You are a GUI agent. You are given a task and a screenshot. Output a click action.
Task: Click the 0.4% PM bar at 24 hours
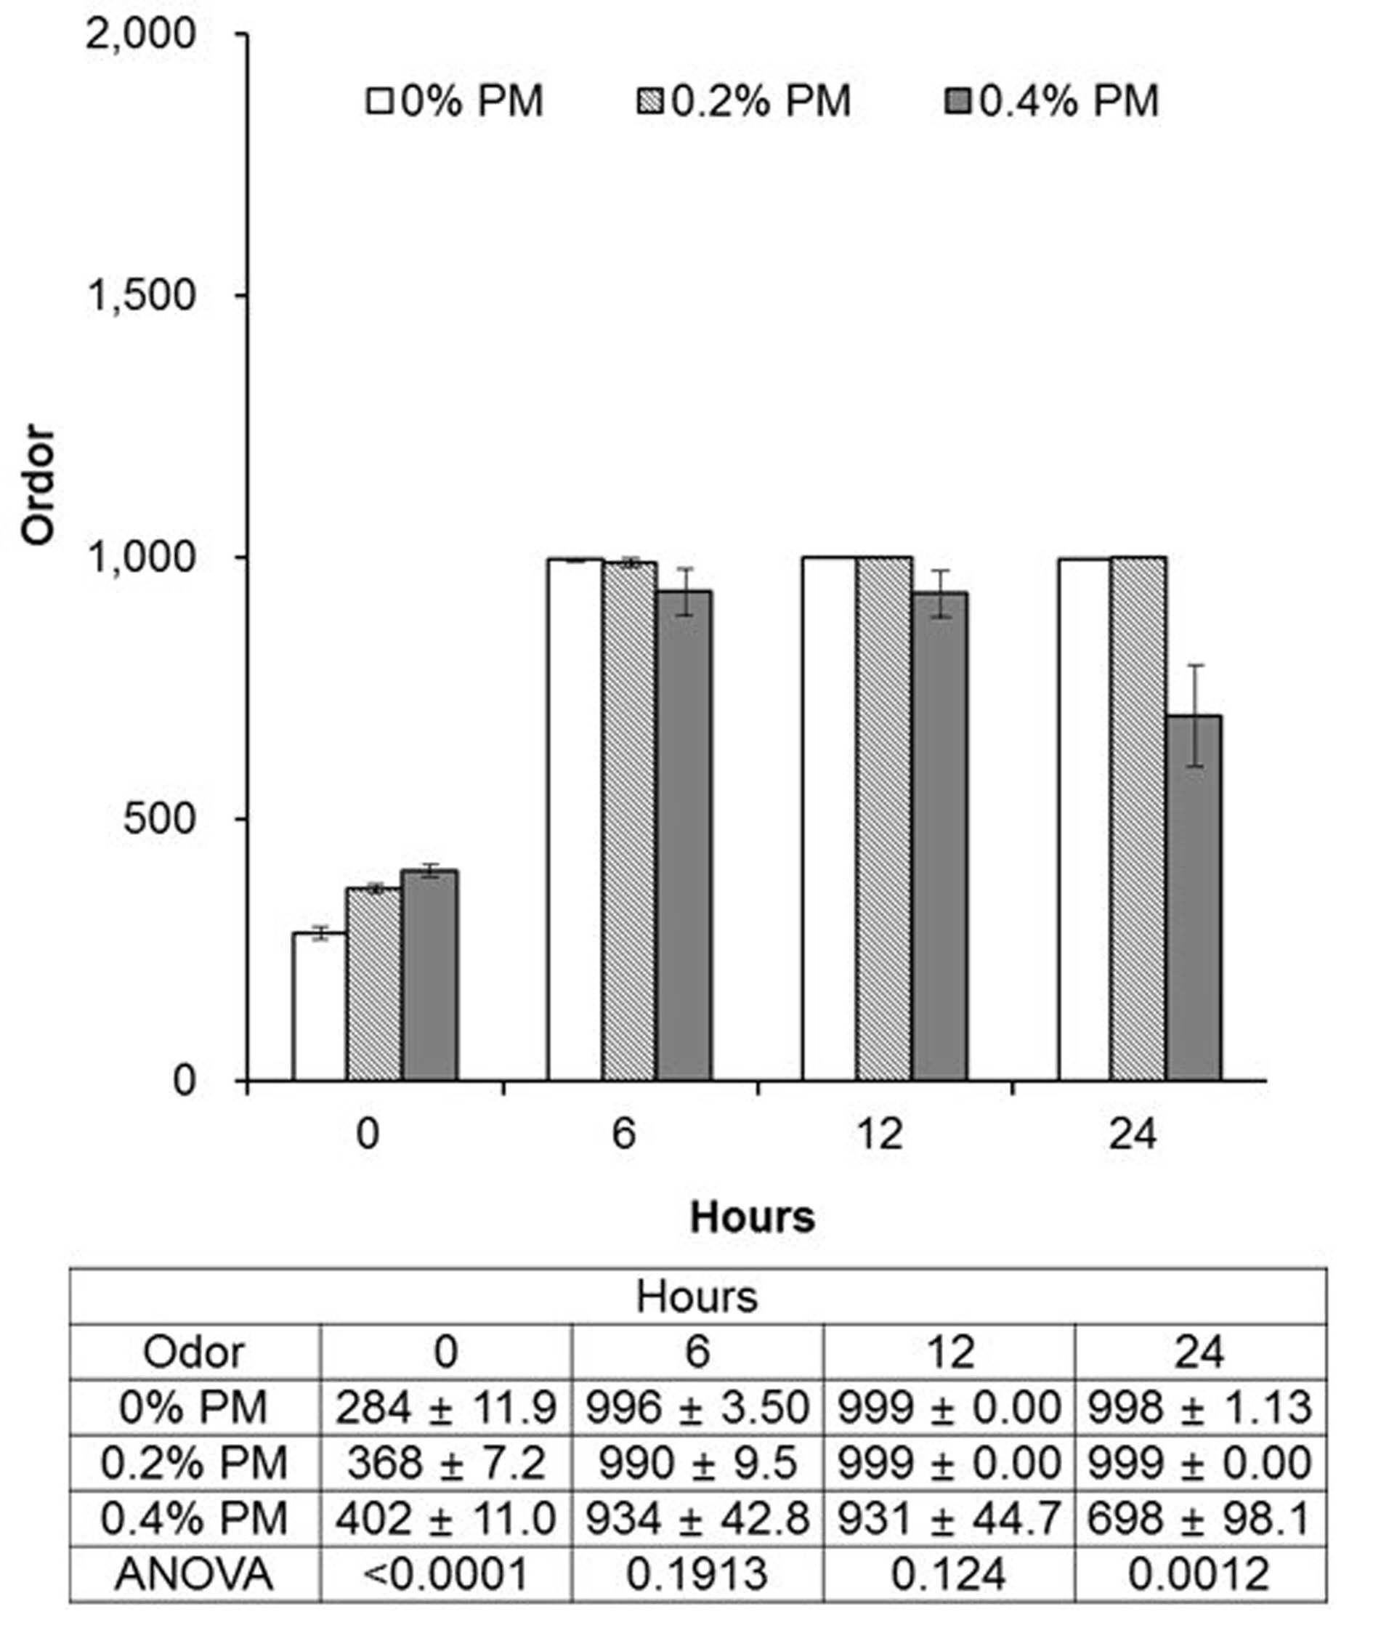pos(1194,898)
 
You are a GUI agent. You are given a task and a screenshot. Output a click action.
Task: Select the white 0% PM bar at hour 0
pos(320,1007)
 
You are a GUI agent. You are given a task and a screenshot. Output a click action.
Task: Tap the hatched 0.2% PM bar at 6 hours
pos(630,821)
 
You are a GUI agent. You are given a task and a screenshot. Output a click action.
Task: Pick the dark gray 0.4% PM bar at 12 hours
pos(939,836)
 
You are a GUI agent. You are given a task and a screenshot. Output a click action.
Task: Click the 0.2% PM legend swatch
pos(650,101)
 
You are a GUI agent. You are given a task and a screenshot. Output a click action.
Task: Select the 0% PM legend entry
pos(455,101)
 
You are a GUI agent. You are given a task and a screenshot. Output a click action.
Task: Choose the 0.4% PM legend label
pos(1070,101)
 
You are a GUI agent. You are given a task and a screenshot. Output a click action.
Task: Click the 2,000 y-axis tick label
pos(139,35)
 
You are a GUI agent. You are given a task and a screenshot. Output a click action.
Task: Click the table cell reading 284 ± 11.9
pos(446,1407)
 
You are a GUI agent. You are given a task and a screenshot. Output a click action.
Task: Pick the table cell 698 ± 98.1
pos(1199,1519)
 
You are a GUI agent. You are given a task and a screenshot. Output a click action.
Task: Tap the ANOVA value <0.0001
pos(446,1573)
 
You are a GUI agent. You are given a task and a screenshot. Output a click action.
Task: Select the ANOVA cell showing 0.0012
pos(1199,1573)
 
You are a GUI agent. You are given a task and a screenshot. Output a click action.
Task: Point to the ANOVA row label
pos(194,1573)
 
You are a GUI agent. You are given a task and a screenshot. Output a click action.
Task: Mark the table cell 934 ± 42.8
pos(697,1519)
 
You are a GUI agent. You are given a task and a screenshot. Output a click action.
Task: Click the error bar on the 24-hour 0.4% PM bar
pos(1195,715)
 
